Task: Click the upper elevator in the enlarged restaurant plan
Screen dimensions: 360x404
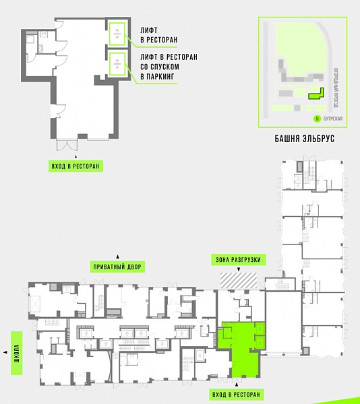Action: [117, 34]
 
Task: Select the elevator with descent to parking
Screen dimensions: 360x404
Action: [117, 64]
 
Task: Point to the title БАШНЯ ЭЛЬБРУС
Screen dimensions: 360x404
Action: [304, 139]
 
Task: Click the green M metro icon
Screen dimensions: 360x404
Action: [317, 119]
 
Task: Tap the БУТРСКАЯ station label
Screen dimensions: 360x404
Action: [333, 119]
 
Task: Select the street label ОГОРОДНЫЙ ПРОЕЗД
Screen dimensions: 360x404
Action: [336, 88]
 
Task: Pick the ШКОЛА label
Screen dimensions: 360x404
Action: [16, 353]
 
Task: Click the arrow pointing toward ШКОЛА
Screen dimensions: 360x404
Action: [5, 352]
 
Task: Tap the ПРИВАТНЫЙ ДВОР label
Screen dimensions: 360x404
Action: [117, 267]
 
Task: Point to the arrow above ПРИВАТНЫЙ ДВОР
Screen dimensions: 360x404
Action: [117, 257]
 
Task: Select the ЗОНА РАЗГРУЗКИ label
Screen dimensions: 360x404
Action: [238, 260]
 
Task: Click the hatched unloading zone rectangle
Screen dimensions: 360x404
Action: [239, 280]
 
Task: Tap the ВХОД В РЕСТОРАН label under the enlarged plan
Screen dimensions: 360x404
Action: [76, 166]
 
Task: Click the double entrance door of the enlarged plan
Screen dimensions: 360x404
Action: [67, 145]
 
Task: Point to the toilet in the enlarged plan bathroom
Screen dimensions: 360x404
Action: [44, 34]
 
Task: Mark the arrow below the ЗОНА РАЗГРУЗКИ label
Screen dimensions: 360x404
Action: [239, 269]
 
